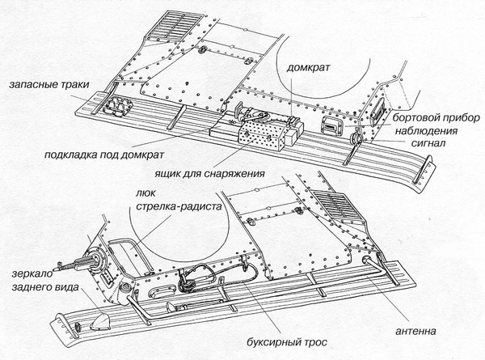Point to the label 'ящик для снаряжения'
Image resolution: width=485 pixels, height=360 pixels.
point(213,174)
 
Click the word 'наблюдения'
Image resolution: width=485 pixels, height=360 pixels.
point(427,131)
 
